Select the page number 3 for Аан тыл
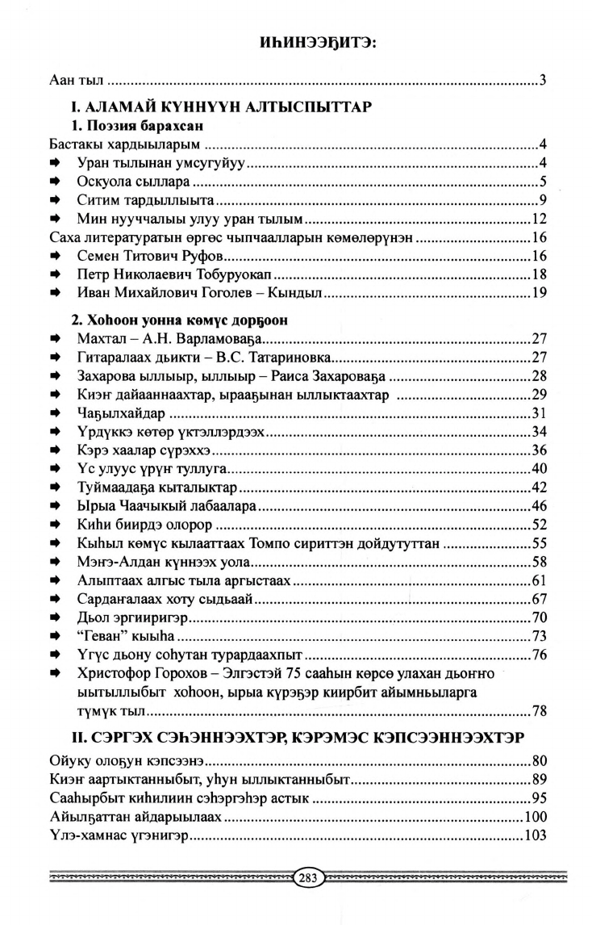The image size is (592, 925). tap(544, 80)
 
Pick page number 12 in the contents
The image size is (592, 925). tap(540, 218)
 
